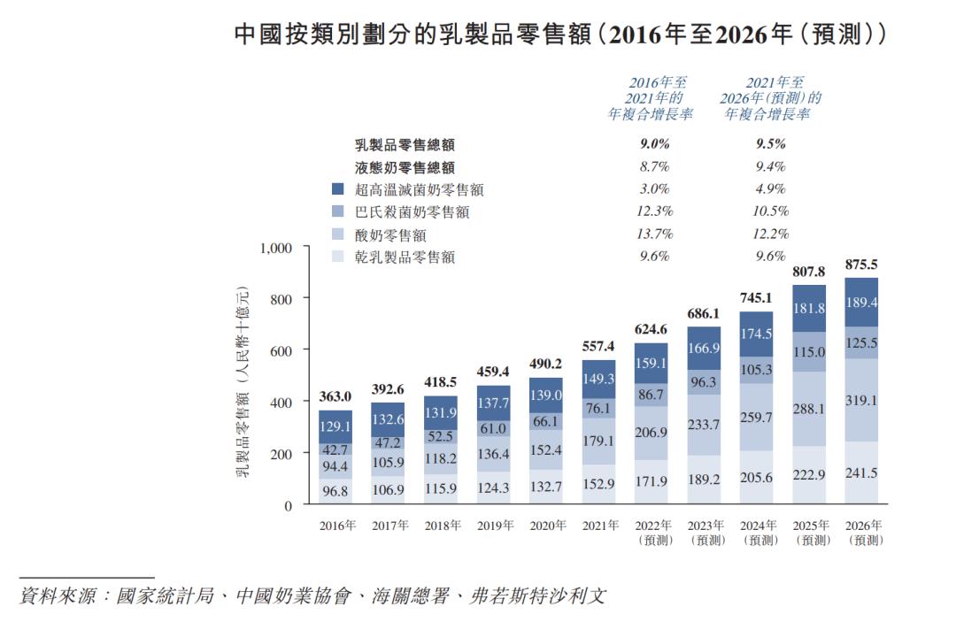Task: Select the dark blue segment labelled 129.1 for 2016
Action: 335,426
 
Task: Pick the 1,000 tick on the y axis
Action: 275,249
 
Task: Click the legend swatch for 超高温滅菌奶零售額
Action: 337,189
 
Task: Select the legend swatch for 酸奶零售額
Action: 337,235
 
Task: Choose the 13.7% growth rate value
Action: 654,234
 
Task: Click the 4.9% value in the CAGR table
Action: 768,188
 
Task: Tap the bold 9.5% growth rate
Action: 768,143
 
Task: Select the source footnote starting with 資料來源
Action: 313,595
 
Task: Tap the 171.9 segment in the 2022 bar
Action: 651,481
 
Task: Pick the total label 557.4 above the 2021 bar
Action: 599,347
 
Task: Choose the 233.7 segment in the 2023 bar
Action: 704,425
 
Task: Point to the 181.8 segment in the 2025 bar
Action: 809,308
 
